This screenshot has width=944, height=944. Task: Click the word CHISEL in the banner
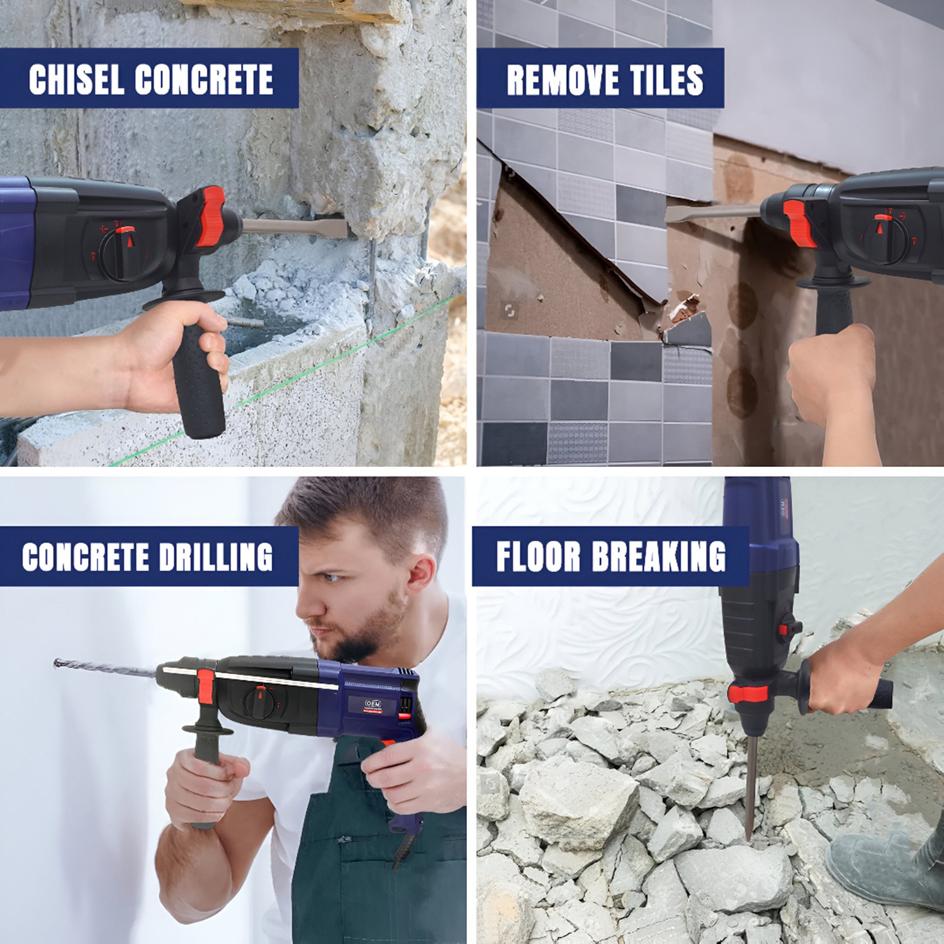76,79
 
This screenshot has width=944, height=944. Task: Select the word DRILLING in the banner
216,557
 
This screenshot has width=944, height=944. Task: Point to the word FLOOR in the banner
538,556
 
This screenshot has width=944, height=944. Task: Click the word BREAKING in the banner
659,556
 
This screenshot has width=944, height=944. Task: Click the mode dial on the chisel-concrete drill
123,253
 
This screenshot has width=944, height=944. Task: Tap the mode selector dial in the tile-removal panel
886,239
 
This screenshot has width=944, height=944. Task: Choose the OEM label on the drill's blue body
373,704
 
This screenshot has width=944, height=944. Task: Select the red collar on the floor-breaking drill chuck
748,694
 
